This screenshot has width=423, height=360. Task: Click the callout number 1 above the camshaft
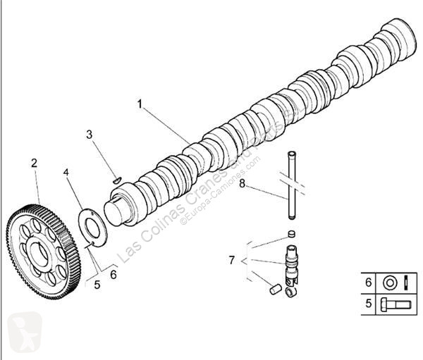140,104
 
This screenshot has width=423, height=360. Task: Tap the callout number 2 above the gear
34,163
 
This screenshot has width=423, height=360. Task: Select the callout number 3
90,134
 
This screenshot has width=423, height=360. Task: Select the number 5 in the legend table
367,306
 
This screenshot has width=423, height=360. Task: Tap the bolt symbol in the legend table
396,306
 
